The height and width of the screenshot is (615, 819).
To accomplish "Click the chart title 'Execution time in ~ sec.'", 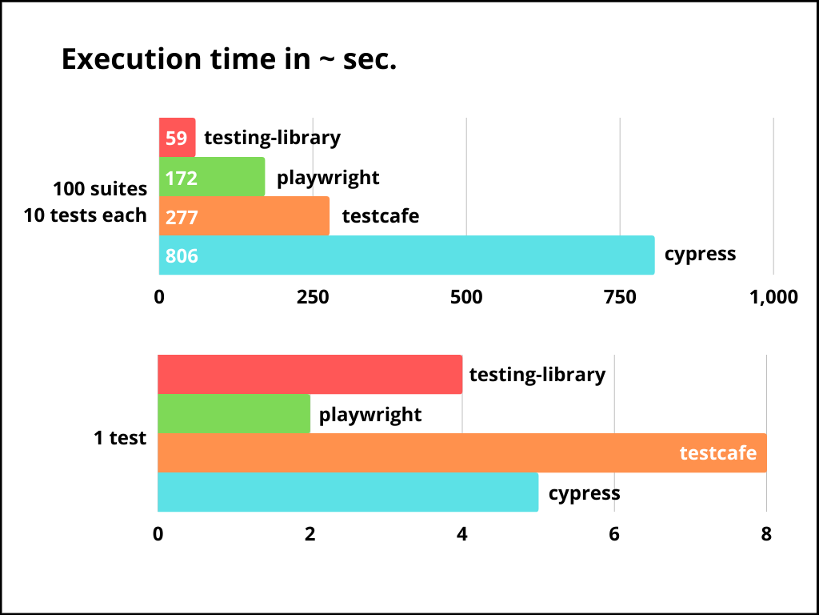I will pyautogui.click(x=229, y=59).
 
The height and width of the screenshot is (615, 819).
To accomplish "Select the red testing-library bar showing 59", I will pyautogui.click(x=177, y=138).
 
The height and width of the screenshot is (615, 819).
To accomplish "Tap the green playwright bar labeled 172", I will pyautogui.click(x=212, y=177).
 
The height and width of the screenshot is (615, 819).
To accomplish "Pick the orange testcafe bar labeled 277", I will pyautogui.click(x=244, y=216).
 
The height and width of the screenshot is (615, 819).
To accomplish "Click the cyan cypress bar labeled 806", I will pyautogui.click(x=406, y=255).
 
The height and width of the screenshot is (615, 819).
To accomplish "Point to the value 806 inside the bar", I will pyautogui.click(x=182, y=256).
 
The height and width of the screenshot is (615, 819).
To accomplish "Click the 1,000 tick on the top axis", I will pyautogui.click(x=772, y=297).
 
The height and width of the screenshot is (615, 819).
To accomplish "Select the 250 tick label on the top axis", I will pyautogui.click(x=313, y=297).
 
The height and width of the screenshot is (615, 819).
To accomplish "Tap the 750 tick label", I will pyautogui.click(x=620, y=297).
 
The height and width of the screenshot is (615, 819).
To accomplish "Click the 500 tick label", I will pyautogui.click(x=466, y=297).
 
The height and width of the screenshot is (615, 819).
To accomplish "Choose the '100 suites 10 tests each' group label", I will pyautogui.click(x=86, y=202).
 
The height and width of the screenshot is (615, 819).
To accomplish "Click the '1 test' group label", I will pyautogui.click(x=120, y=438).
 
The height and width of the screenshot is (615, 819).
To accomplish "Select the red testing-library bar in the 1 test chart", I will pyautogui.click(x=310, y=375).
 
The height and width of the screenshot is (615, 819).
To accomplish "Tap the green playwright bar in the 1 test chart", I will pyautogui.click(x=234, y=414).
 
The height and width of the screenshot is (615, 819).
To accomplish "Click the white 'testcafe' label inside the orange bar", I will pyautogui.click(x=717, y=453).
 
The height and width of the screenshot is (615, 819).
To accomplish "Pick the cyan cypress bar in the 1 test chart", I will pyautogui.click(x=348, y=492).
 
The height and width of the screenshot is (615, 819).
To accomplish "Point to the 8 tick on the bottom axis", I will pyautogui.click(x=766, y=534).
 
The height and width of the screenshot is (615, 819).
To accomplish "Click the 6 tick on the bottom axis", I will pyautogui.click(x=614, y=534).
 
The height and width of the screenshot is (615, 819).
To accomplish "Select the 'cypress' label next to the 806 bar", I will pyautogui.click(x=700, y=255).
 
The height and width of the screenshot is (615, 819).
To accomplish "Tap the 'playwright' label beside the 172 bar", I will pyautogui.click(x=328, y=177).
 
